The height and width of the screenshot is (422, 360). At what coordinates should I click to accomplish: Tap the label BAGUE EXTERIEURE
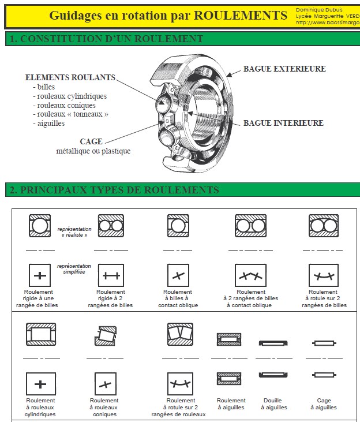click(284, 69)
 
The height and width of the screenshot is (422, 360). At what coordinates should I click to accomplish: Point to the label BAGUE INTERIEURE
click(283, 123)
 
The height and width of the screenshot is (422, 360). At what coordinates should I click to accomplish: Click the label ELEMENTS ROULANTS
click(70, 77)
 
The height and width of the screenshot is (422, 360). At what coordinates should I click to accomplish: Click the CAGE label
click(91, 141)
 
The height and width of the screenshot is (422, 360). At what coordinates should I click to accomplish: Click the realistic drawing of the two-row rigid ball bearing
click(110, 226)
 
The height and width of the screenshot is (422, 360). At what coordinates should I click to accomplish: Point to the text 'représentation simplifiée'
click(74, 268)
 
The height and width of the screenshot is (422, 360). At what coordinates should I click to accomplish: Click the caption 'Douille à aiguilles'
click(272, 404)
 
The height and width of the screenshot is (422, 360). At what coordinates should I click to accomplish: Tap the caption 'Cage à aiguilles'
click(324, 404)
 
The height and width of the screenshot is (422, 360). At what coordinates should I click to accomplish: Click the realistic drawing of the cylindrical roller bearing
click(40, 334)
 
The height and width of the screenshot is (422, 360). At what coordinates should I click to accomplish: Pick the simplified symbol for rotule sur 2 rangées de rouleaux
click(180, 384)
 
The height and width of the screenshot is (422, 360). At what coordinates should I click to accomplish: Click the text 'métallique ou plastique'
click(93, 151)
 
